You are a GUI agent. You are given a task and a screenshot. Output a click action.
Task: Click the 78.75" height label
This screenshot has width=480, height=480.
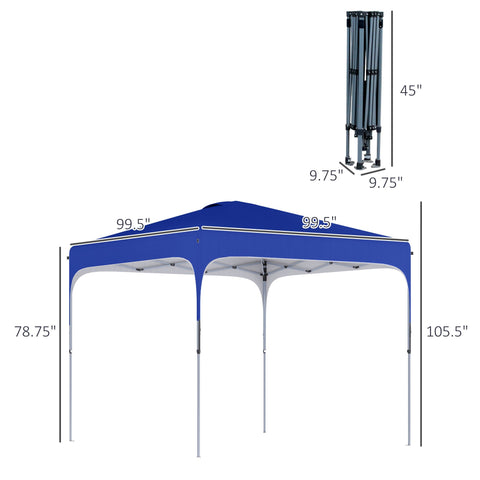[35, 330]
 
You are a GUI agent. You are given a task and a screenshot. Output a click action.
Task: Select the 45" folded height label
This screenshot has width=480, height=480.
[411, 90]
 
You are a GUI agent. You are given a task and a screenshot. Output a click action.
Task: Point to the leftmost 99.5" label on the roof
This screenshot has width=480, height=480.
[132, 225]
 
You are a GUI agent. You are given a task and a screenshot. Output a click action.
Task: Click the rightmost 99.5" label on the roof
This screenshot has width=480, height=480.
[320, 222]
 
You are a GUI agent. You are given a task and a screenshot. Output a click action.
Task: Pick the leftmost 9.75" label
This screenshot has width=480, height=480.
[326, 174]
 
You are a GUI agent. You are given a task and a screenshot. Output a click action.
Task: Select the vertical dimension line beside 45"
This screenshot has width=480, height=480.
[391, 88]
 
